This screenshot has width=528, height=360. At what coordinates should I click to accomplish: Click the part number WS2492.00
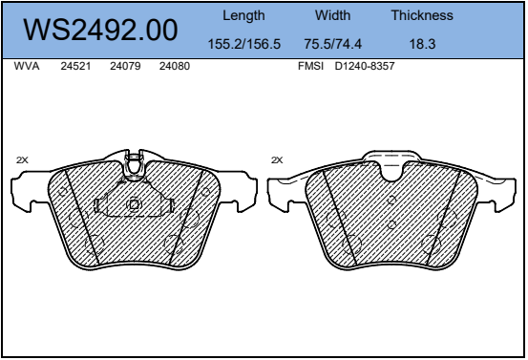click(100, 30)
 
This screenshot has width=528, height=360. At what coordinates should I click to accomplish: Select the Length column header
click(243, 16)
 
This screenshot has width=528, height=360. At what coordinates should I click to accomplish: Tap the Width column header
click(332, 15)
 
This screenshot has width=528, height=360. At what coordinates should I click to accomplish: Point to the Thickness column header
click(422, 15)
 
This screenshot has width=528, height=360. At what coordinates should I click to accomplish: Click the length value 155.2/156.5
click(244, 44)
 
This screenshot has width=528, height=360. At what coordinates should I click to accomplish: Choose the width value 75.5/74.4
click(332, 44)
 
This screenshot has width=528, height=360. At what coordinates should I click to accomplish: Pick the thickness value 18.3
click(422, 44)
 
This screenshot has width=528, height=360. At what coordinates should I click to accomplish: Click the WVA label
click(27, 66)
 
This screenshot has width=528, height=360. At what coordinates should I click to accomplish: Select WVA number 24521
click(75, 66)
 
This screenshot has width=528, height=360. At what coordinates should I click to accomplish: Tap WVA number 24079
click(125, 66)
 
